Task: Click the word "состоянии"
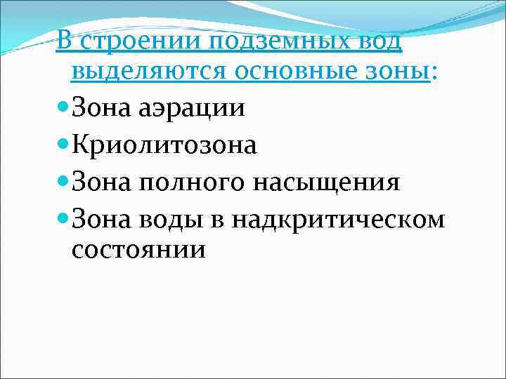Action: [139, 250]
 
